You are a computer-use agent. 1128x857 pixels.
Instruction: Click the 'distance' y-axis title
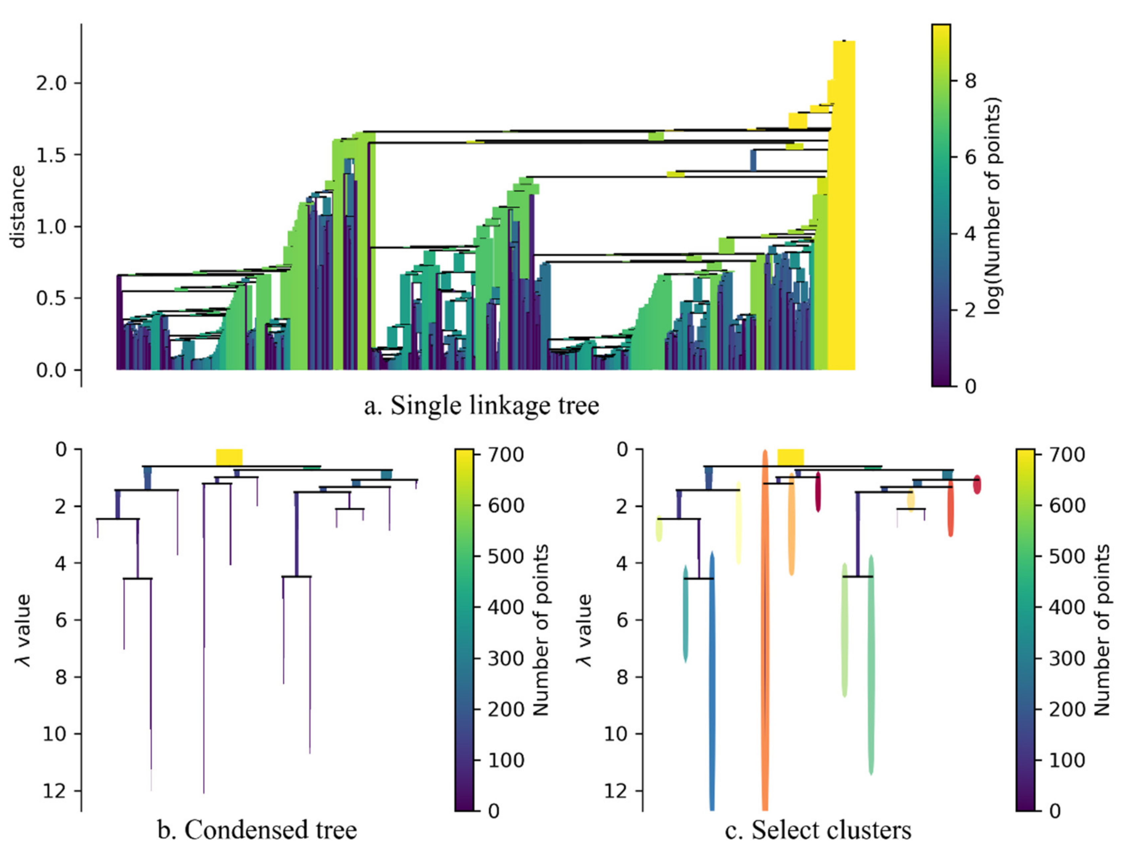point(18,206)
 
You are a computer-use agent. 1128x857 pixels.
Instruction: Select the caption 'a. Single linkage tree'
point(481,406)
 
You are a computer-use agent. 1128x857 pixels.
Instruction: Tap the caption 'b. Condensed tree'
point(257,830)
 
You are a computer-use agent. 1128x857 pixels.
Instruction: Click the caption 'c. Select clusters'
point(817,830)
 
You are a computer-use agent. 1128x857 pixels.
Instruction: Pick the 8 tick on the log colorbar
point(970,80)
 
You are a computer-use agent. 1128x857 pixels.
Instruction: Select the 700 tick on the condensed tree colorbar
point(505,454)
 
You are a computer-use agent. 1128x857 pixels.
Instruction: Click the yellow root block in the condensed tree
point(229,457)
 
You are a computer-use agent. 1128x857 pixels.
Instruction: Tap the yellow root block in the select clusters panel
point(790,457)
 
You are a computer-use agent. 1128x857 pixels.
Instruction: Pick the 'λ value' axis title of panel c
point(585,630)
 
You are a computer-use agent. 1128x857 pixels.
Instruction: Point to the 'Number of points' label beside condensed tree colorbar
point(541,630)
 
